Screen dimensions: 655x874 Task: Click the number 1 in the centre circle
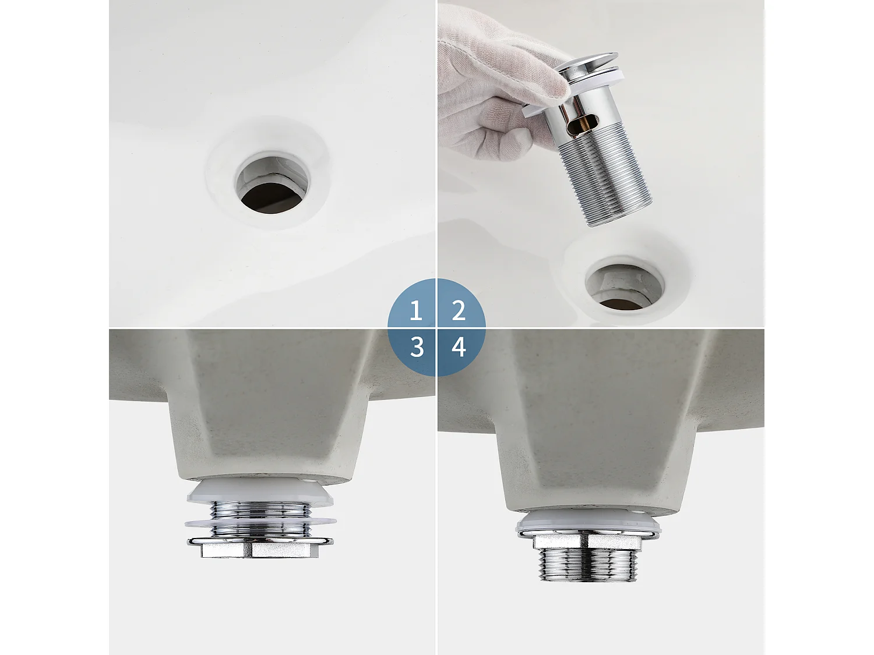tap(415, 311)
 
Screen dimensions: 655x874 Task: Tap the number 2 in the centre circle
tap(459, 311)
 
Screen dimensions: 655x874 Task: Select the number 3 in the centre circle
tap(416, 348)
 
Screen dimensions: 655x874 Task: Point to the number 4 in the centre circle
tap(459, 348)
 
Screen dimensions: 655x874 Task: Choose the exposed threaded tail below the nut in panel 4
tap(587, 565)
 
